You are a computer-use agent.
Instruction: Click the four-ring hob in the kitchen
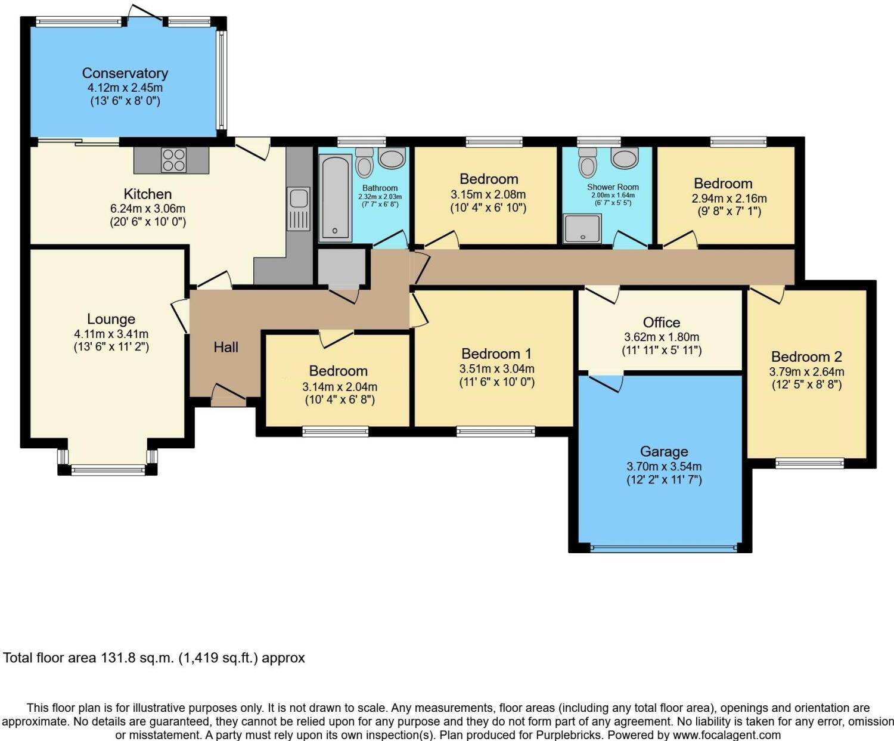[x=173, y=160]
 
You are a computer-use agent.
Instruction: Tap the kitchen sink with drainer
[x=299, y=209]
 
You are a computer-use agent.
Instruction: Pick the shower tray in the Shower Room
[x=582, y=228]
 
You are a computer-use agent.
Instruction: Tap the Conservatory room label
[x=125, y=73]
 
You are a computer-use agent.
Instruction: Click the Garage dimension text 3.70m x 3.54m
[x=664, y=466]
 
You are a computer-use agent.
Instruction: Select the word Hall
[x=226, y=347]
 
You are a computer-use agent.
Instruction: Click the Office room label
[x=662, y=322]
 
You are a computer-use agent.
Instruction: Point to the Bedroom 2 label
[x=806, y=357]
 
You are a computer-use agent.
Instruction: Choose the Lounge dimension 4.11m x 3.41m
[x=111, y=334]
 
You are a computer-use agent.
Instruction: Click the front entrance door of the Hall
[x=229, y=395]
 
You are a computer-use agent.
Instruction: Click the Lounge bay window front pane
[x=108, y=471]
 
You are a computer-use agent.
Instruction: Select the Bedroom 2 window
[x=809, y=463]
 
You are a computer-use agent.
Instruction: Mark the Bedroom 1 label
[x=496, y=354]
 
